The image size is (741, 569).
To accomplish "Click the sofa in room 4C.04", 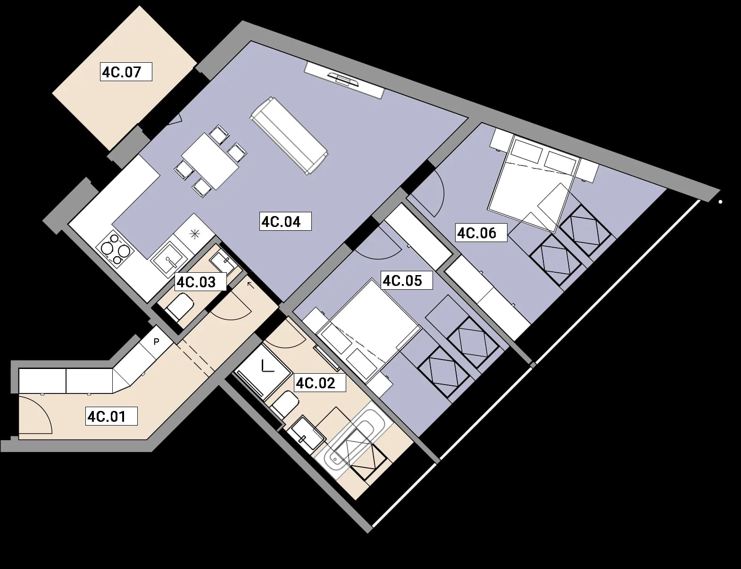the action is (x=289, y=136).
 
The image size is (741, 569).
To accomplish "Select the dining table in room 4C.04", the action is (x=210, y=161).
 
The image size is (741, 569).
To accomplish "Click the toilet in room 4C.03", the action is (x=179, y=306).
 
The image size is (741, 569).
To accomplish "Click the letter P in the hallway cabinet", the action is (x=156, y=342).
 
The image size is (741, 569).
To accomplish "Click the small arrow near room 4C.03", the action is (x=250, y=285).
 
